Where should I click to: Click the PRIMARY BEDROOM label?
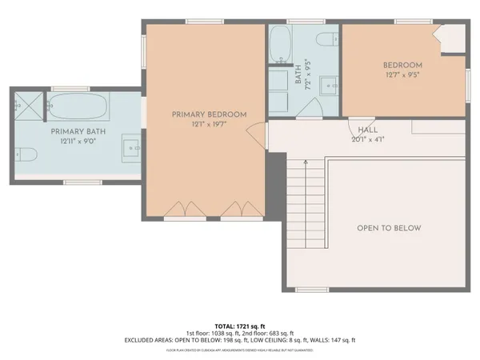pos(209,114)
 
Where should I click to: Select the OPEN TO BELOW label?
pos(389,228)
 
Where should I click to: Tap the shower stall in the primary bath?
pos(27,104)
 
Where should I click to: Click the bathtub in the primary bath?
pos(74,104)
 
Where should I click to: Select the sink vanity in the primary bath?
pos(134,147)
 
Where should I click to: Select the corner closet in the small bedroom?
pos(452,38)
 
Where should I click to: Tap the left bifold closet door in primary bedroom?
pos(176,210)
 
